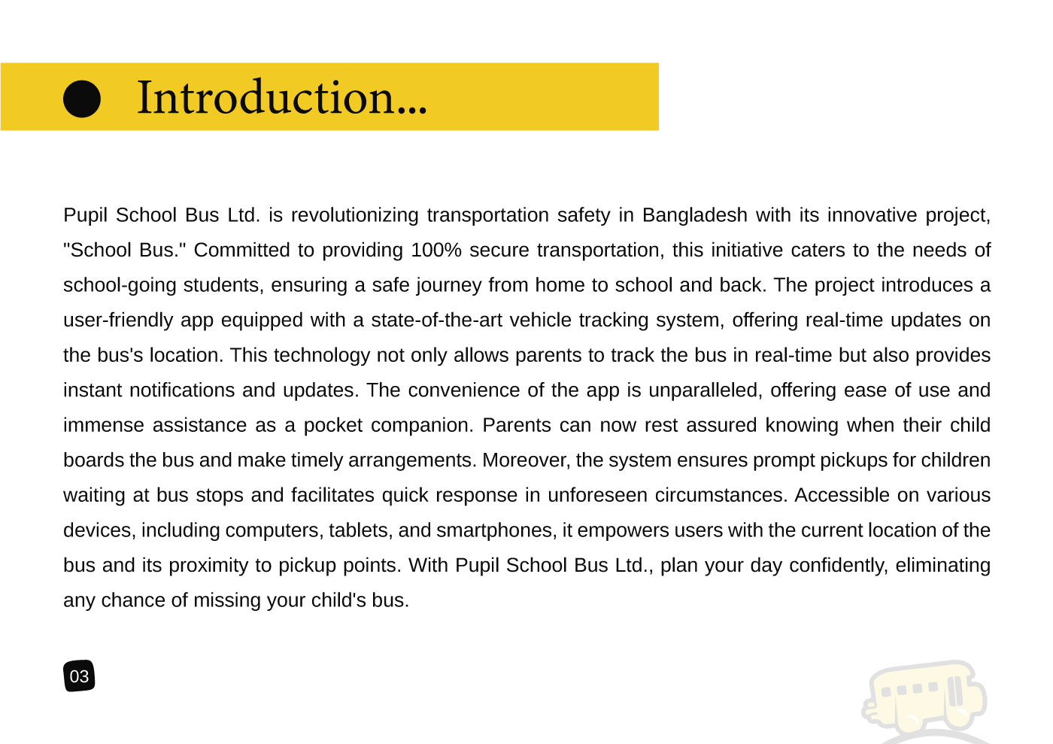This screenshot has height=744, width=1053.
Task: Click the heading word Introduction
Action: (281, 97)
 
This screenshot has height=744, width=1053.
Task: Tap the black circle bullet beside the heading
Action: (81, 99)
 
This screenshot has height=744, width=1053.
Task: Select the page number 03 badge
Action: (79, 676)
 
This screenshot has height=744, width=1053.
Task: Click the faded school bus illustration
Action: (925, 697)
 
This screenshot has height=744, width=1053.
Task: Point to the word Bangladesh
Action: (694, 215)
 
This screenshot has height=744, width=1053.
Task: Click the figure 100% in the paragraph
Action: (435, 250)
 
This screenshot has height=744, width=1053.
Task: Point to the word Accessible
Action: (842, 495)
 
